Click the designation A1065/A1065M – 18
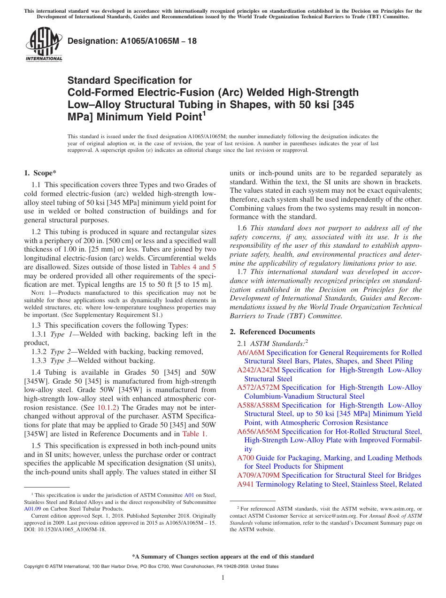pos(132,41)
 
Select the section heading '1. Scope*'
pos(40,173)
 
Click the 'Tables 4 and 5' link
pos(193,268)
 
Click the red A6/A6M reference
pos(251,353)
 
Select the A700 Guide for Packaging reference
pos(246,458)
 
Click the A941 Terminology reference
pos(246,484)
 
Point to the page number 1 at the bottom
pos(223,577)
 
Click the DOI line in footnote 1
pos(65,529)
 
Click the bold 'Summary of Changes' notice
pos(223,557)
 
